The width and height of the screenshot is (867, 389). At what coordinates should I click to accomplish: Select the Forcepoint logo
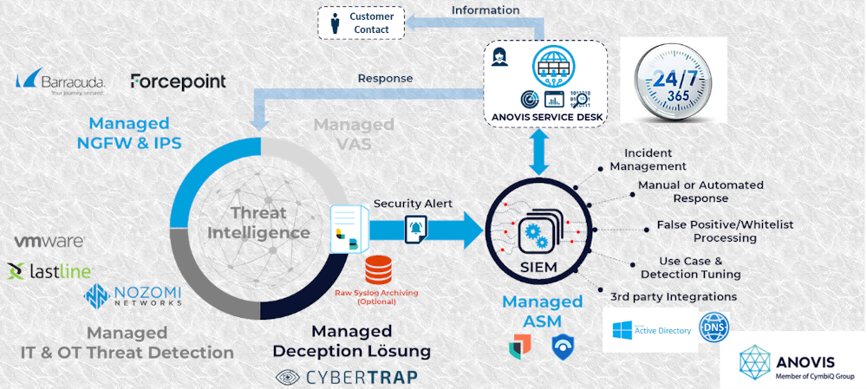coord(178,81)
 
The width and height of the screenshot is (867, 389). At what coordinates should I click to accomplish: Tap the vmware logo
coord(49,241)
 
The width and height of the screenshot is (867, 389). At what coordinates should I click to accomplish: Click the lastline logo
coord(50,271)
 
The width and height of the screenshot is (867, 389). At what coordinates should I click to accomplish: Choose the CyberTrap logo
coord(346,377)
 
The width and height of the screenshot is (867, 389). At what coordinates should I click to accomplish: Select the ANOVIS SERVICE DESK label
coord(544,118)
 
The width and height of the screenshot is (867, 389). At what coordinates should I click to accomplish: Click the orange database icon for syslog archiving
coord(377,270)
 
